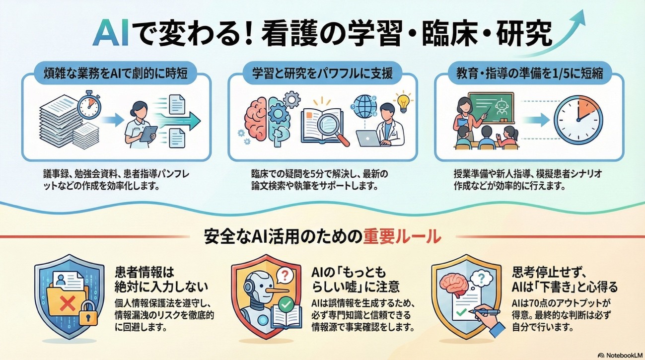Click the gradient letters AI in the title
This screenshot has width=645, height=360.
pyautogui.click(x=111, y=33)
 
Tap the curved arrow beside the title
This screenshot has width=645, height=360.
pyautogui.click(x=561, y=37)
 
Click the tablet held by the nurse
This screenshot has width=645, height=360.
pyautogui.click(x=148, y=134)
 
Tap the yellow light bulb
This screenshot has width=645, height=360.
pyautogui.click(x=403, y=102)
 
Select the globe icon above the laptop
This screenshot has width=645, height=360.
pyautogui.click(x=365, y=107)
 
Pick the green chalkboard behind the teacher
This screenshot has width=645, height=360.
pyautogui.click(x=491, y=107)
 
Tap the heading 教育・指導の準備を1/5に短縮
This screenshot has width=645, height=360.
pyautogui.click(x=529, y=73)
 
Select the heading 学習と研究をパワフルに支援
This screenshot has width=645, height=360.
pyautogui.click(x=323, y=73)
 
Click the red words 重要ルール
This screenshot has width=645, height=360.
pyautogui.click(x=402, y=236)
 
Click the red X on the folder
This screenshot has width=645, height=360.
pyautogui.click(x=67, y=303)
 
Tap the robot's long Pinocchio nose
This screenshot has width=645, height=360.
pyautogui.click(x=279, y=291)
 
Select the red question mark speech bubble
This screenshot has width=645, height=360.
pyautogui.click(x=285, y=276)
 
